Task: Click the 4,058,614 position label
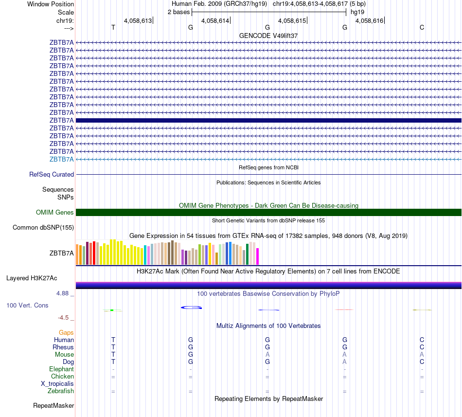[215, 20]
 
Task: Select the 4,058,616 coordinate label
[369, 20]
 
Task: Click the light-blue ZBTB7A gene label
[62, 159]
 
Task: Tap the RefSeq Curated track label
[52, 174]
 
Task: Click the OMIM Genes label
[54, 212]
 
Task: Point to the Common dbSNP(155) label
[43, 227]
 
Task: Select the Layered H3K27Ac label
[32, 278]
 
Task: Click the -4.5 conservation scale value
[63, 318]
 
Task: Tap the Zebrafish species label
[61, 391]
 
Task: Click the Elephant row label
[61, 369]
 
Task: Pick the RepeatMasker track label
[53, 405]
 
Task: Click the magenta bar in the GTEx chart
[258, 256]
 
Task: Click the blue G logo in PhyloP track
[191, 308]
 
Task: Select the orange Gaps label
[66, 332]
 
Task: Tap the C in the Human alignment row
[422, 340]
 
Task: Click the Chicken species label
[62, 376]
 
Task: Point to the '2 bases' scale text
[179, 12]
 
